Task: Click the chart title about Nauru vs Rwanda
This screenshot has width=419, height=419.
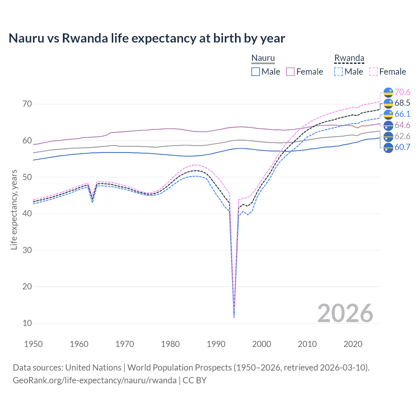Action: pyautogui.click(x=147, y=38)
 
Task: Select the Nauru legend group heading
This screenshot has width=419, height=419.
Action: pyautogui.click(x=263, y=58)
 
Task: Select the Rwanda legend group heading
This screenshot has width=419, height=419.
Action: pyautogui.click(x=349, y=58)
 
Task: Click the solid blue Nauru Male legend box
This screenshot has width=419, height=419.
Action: pyautogui.click(x=256, y=72)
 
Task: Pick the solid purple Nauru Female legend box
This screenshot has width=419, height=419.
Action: pyautogui.click(x=290, y=72)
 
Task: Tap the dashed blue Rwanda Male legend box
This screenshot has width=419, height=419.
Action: pyautogui.click(x=338, y=72)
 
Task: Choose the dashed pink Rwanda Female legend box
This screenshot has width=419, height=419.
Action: pyautogui.click(x=373, y=72)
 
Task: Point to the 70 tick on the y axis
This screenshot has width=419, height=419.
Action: pyautogui.click(x=27, y=104)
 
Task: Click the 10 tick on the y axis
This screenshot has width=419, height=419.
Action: pyautogui.click(x=27, y=323)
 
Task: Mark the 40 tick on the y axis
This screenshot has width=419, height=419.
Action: pyautogui.click(x=27, y=213)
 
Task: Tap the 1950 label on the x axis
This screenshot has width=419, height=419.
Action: pyautogui.click(x=33, y=344)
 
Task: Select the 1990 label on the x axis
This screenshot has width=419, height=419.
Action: pyautogui.click(x=216, y=344)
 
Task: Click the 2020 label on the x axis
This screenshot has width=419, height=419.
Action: pyautogui.click(x=353, y=344)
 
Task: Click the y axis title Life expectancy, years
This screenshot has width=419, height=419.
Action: pyautogui.click(x=14, y=209)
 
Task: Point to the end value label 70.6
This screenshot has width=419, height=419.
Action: pyautogui.click(x=402, y=92)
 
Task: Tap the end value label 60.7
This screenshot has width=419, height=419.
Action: pyautogui.click(x=402, y=147)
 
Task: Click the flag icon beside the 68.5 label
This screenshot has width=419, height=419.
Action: pyautogui.click(x=388, y=103)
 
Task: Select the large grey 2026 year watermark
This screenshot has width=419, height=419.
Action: pyautogui.click(x=345, y=313)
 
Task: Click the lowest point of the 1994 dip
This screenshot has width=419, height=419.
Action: pyautogui.click(x=234, y=317)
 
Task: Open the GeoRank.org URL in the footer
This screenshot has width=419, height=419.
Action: pyautogui.click(x=95, y=380)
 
